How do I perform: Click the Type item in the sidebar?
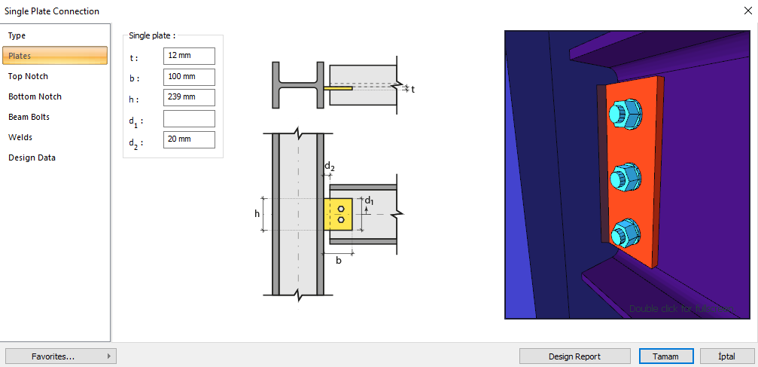point(17,35)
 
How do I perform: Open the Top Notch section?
point(28,76)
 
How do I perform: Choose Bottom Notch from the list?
point(35,96)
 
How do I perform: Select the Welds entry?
point(20,137)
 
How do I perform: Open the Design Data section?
point(32,158)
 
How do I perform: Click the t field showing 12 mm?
point(189,57)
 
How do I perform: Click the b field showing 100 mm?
point(189,77)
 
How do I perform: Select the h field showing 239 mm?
point(189,97)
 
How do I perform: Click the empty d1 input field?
point(189,118)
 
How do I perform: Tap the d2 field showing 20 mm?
point(189,139)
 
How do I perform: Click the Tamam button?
point(665,356)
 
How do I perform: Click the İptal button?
point(727,356)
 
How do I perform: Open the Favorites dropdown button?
point(60,356)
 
